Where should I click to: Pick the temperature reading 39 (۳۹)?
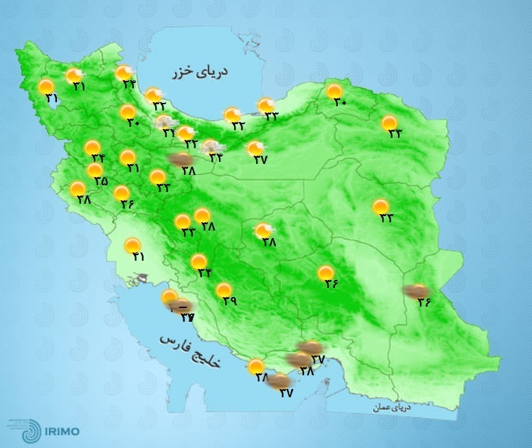pyautogui.click(x=229, y=300)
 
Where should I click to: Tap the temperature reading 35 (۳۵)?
pyautogui.click(x=101, y=182)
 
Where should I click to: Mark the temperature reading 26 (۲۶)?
pyautogui.click(x=127, y=204)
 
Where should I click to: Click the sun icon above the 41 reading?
pyautogui.click(x=132, y=245)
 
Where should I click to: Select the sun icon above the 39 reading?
pyautogui.click(x=223, y=290)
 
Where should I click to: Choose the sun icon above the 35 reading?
pyautogui.click(x=95, y=169)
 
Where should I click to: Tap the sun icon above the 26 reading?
pyautogui.click(x=122, y=193)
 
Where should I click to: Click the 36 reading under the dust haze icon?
pyautogui.click(x=423, y=302)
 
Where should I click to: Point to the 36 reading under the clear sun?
pyautogui.click(x=332, y=283)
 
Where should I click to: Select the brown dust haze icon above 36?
pyautogui.click(x=415, y=291)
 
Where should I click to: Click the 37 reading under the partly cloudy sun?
pyautogui.click(x=259, y=159)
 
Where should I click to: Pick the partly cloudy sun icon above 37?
pyautogui.click(x=255, y=148)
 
